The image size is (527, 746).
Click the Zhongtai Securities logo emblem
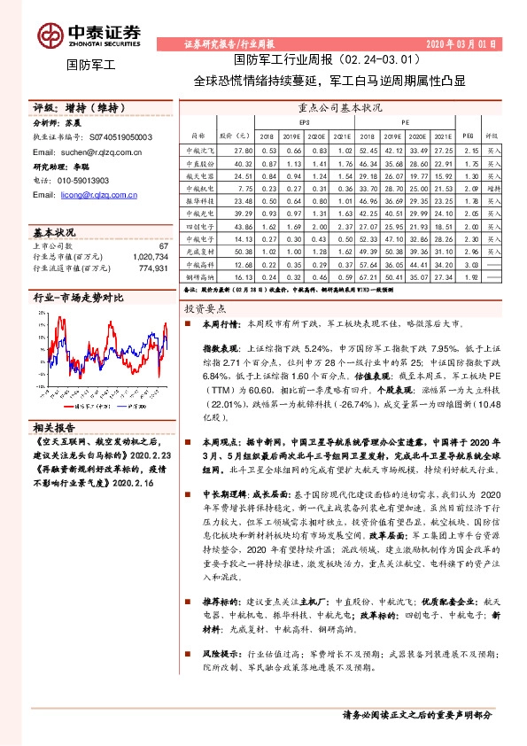[x=48, y=34]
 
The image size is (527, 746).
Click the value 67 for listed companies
[x=163, y=245]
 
